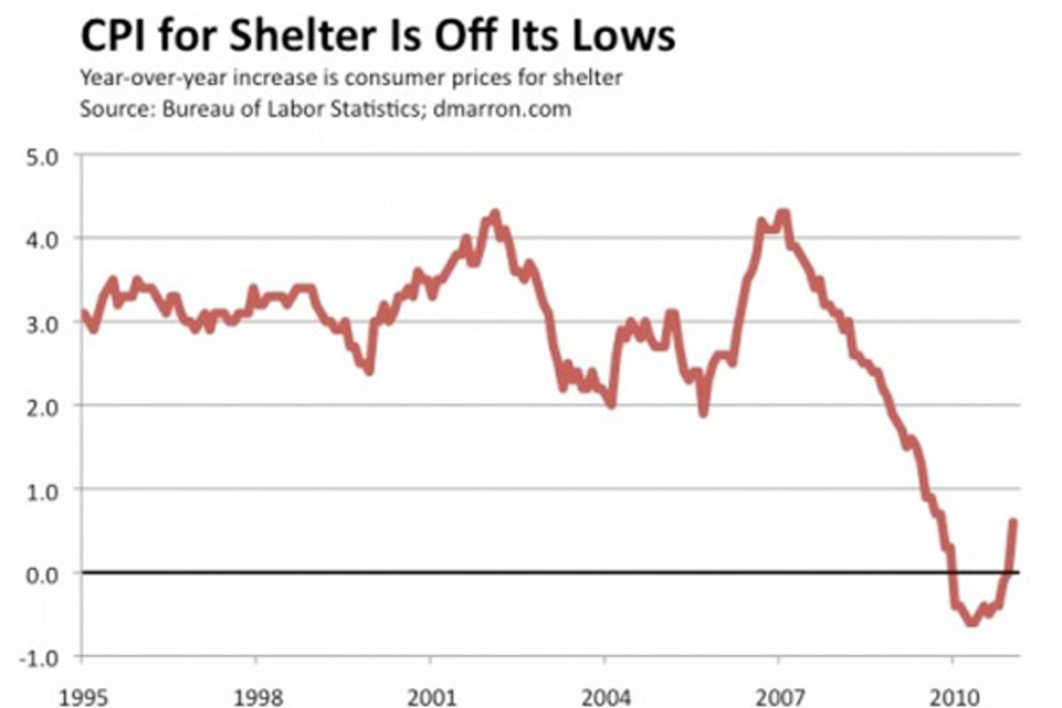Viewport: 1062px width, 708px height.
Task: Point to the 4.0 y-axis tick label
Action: tap(41, 239)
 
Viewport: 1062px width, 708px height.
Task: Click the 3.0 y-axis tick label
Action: tap(41, 323)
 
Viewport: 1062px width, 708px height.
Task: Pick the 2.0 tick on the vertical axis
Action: tap(41, 406)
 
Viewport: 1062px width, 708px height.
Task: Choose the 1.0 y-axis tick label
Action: tap(41, 489)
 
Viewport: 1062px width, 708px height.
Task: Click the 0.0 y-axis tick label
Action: tap(41, 573)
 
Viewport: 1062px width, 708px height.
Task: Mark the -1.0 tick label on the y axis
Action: tap(38, 657)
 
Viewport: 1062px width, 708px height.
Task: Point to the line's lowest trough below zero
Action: tap(972, 622)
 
